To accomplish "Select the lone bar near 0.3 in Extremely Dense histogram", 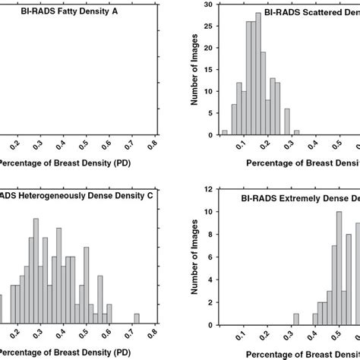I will [x=295, y=317].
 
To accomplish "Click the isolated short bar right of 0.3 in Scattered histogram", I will [x=295, y=132].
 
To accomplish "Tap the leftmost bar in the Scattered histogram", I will [x=224, y=132].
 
